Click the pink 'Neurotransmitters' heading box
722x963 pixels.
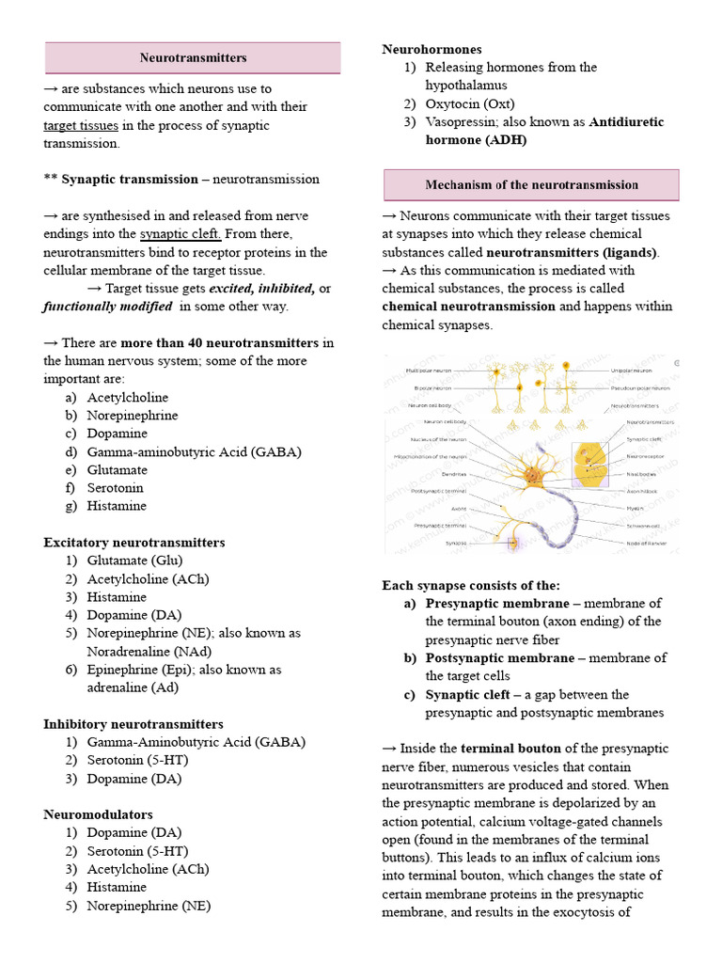coord(193,57)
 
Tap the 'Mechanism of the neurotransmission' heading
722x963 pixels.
coord(531,185)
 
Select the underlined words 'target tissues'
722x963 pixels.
coord(81,125)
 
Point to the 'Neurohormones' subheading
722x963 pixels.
coord(432,49)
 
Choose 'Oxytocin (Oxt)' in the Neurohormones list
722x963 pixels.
coord(470,103)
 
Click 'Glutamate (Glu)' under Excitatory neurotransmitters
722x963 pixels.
coord(134,560)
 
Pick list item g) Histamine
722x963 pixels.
coord(117,506)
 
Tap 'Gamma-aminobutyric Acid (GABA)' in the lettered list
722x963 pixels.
coord(194,451)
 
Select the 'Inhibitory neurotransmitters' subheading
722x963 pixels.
coord(133,724)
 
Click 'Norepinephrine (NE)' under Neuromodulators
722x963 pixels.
coord(149,906)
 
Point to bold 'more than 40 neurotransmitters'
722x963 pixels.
coord(219,343)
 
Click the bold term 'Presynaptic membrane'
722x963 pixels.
coord(497,604)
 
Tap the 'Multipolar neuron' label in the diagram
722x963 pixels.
coord(429,371)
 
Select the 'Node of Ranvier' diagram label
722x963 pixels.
coord(649,543)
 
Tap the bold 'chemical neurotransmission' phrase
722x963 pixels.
coord(468,307)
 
